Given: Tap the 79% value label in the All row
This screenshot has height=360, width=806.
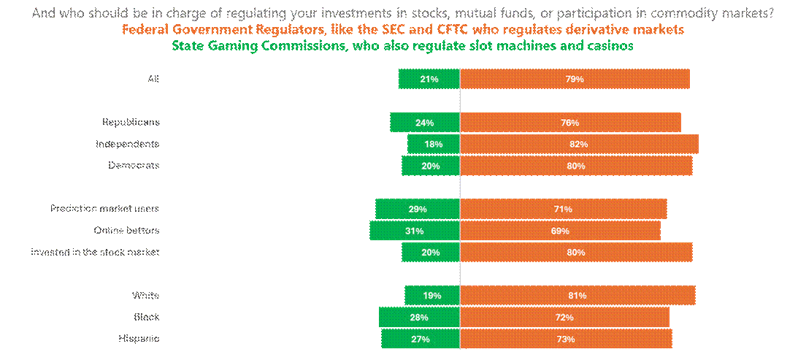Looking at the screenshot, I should [x=575, y=79].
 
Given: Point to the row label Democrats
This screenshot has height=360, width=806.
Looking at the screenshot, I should [x=134, y=166].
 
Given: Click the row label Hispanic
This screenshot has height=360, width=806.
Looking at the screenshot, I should [x=139, y=339].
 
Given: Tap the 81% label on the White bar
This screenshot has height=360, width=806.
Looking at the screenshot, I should [x=577, y=296].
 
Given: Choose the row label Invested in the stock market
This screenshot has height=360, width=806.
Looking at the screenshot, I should [x=95, y=252].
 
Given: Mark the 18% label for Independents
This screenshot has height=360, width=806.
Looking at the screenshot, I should [x=434, y=145].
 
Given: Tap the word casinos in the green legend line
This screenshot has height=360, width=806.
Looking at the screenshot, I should [x=610, y=45].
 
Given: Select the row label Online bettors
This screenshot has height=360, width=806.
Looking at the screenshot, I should [x=126, y=231].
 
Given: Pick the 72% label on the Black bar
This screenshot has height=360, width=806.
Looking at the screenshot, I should [x=564, y=318].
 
